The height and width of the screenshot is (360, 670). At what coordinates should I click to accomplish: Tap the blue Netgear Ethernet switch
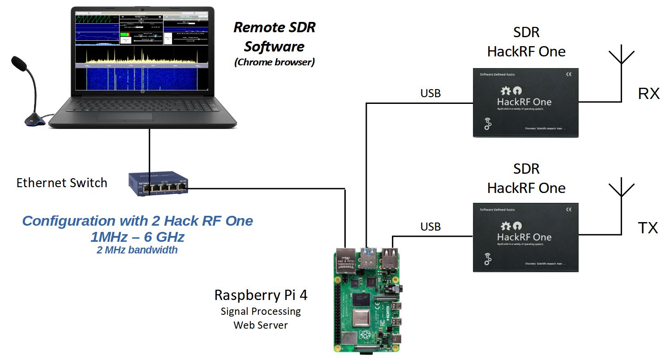pos(159,184)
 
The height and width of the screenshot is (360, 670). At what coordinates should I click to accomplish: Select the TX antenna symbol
pos(621,190)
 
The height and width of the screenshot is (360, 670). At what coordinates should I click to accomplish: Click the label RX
pos(649,94)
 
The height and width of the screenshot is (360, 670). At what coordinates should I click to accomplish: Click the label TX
pos(648,228)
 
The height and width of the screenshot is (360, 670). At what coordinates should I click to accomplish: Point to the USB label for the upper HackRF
pos(430,93)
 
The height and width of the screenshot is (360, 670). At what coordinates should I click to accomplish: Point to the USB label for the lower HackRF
pos(430,227)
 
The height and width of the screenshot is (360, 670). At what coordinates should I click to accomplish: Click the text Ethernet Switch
pos(62,183)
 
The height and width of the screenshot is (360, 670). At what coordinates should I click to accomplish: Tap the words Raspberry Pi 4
pos(261,295)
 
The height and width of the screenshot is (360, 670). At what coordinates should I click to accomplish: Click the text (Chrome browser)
pos(274,62)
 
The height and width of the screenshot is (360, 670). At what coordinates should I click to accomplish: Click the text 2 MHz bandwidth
pos(137,250)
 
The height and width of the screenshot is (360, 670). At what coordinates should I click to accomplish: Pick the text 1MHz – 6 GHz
pos(137,236)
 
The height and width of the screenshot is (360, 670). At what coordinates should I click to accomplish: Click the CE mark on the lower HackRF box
pos(568,209)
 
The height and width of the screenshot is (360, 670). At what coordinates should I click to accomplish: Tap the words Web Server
pos(261,325)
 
